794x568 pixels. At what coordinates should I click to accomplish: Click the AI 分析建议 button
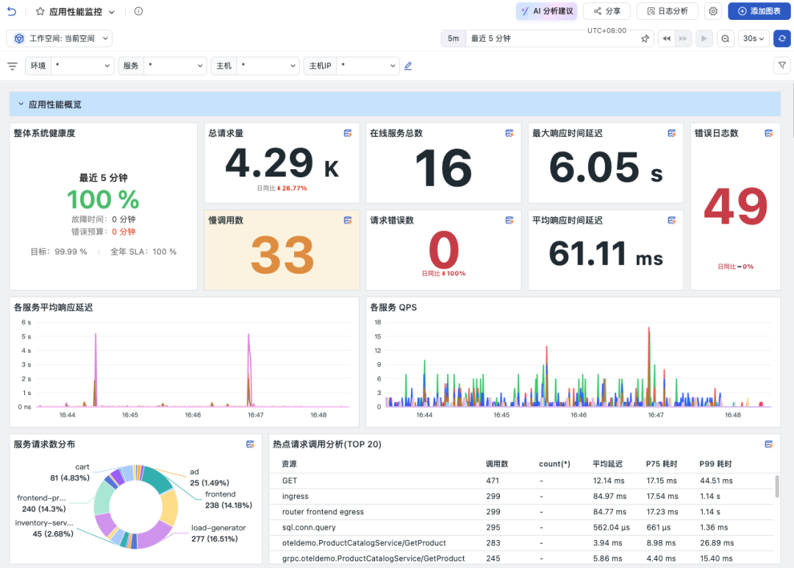pyautogui.click(x=548, y=11)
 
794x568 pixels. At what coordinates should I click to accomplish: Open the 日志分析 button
pyautogui.click(x=668, y=11)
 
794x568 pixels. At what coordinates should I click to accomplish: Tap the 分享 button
pyautogui.click(x=607, y=11)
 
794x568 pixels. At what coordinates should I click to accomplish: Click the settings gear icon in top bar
pyautogui.click(x=713, y=11)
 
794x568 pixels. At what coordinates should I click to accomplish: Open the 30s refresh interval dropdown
pyautogui.click(x=753, y=38)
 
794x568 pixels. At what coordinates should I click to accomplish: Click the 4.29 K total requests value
pyautogui.click(x=282, y=163)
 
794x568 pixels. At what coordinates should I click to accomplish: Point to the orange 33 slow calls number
pyautogui.click(x=282, y=255)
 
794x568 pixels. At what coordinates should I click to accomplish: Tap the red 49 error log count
pyautogui.click(x=735, y=206)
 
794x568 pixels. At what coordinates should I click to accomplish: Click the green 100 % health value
pyautogui.click(x=104, y=199)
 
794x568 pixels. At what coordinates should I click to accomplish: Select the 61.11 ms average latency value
pyautogui.click(x=606, y=253)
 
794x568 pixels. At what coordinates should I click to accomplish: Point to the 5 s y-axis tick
pyautogui.click(x=26, y=336)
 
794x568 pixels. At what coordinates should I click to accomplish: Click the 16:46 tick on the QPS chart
pyautogui.click(x=579, y=415)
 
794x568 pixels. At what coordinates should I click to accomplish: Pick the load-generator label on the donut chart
pyautogui.click(x=218, y=528)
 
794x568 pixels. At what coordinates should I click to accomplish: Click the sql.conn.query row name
pyautogui.click(x=309, y=528)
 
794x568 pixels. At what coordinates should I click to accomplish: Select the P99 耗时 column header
pyautogui.click(x=715, y=464)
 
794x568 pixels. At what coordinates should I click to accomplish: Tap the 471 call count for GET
pyautogui.click(x=493, y=481)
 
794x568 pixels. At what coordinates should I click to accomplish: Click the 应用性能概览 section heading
pyautogui.click(x=54, y=104)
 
